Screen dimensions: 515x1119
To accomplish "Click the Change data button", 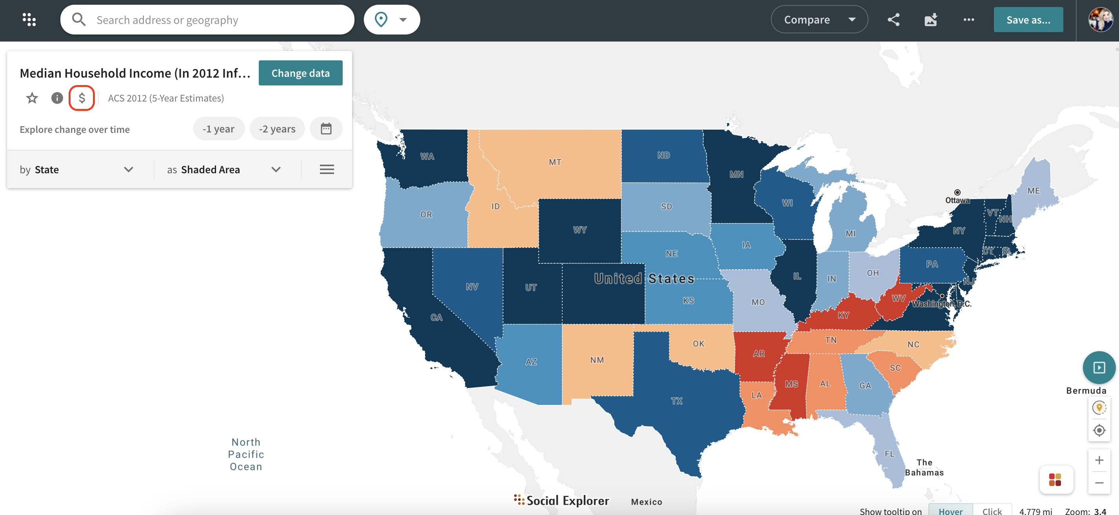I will pyautogui.click(x=300, y=73).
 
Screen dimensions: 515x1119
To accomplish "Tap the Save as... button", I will pyautogui.click(x=1028, y=20).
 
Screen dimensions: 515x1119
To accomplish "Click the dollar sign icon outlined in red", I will pyautogui.click(x=82, y=98).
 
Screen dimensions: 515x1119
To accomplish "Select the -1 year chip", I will pyautogui.click(x=218, y=129).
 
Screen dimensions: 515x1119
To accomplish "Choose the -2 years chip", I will pyautogui.click(x=277, y=129).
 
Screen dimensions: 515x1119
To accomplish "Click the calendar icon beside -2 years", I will pyautogui.click(x=326, y=129).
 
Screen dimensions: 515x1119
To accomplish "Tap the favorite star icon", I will pyautogui.click(x=32, y=98).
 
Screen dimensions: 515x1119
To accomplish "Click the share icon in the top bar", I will pyautogui.click(x=893, y=20).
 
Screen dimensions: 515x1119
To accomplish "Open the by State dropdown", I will pyautogui.click(x=76, y=169).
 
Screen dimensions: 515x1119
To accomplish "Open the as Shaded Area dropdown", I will pyautogui.click(x=224, y=169).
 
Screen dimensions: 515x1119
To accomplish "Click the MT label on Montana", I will pyautogui.click(x=555, y=162).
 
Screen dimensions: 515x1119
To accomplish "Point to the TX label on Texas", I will pyautogui.click(x=676, y=401).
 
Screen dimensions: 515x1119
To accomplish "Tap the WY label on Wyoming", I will pyautogui.click(x=579, y=230).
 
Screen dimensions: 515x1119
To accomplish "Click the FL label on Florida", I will pyautogui.click(x=889, y=454).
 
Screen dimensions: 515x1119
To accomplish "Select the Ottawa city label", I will pyautogui.click(x=957, y=200).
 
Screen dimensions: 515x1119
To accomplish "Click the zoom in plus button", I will pyautogui.click(x=1099, y=460).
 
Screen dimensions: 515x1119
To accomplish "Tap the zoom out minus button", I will pyautogui.click(x=1099, y=483).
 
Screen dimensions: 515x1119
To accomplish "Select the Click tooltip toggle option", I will pyautogui.click(x=992, y=511).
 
